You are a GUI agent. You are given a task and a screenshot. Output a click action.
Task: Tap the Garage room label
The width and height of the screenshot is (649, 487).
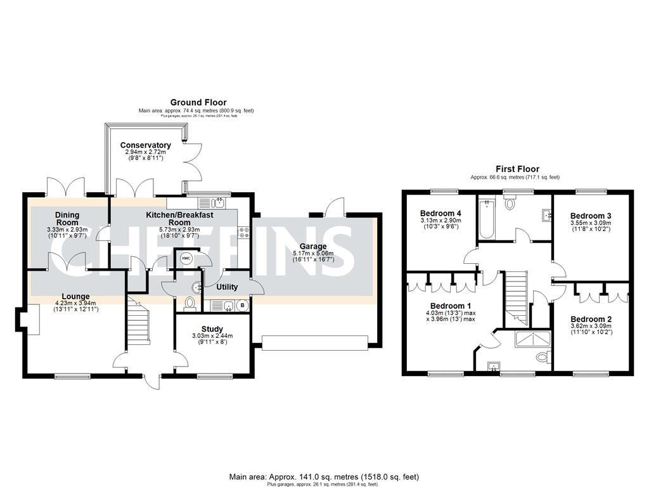pyautogui.click(x=313, y=246)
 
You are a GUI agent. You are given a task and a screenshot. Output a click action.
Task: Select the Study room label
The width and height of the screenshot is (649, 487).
pyautogui.click(x=212, y=328)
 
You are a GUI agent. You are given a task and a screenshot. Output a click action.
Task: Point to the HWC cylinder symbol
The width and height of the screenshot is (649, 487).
pyautogui.click(x=186, y=258)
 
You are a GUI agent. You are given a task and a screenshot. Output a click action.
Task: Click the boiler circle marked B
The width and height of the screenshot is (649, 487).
pyautogui.click(x=241, y=305)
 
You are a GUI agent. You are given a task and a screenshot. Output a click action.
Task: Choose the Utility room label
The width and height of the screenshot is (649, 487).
pyautogui.click(x=227, y=287)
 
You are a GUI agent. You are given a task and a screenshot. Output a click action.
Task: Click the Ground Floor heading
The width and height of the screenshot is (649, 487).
pyautogui.click(x=198, y=102)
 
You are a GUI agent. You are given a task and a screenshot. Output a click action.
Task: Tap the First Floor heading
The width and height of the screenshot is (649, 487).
pyautogui.click(x=517, y=169)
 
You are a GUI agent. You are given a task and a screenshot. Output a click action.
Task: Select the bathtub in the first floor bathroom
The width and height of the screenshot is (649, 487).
pyautogui.click(x=487, y=219)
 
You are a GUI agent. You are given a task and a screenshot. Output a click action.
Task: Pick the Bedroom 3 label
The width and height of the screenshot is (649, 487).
pyautogui.click(x=591, y=216)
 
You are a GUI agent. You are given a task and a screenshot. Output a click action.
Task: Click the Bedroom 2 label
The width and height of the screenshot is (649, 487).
pyautogui.click(x=591, y=318)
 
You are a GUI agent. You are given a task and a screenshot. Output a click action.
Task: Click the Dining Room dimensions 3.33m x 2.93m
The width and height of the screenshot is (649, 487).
pyautogui.click(x=67, y=229)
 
